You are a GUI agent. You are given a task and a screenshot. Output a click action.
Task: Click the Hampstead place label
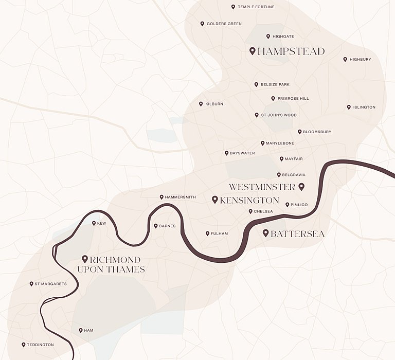tap(291, 51)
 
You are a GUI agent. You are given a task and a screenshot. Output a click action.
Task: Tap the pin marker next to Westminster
tap(301, 187)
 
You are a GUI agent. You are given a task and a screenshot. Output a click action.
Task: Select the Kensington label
tap(249, 201)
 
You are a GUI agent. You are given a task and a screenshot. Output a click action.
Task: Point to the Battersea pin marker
tap(266, 233)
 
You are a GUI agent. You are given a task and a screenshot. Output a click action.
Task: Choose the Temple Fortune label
tap(256, 7)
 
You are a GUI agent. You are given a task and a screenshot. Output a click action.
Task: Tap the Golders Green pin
tap(202, 23)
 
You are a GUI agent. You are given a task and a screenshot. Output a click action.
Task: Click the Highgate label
tap(283, 37)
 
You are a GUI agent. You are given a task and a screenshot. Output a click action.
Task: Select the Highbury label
tap(360, 60)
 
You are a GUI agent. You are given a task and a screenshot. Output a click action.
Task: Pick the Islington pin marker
tap(349, 107)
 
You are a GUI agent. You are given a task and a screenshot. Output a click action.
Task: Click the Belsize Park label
tap(275, 85)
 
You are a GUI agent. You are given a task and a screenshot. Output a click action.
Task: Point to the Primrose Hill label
tap(293, 99)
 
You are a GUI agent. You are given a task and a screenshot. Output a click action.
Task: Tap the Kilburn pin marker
tap(201, 103)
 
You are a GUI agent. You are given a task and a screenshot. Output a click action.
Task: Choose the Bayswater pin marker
tap(226, 153)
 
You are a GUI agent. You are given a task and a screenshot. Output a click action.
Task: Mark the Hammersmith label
tap(181, 197)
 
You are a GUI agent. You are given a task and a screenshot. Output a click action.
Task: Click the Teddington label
tap(41, 345)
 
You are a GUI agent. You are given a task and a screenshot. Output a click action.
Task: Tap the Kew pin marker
tap(94, 223)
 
